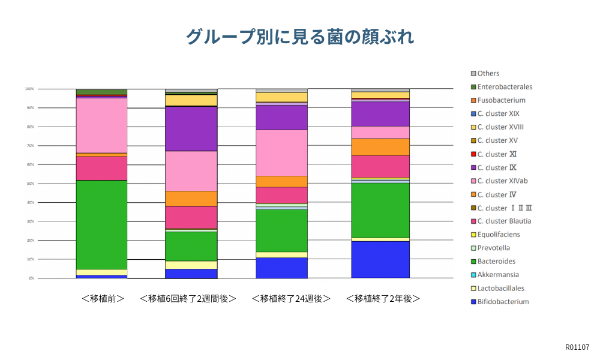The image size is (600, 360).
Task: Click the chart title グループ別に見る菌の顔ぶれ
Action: point(299,37)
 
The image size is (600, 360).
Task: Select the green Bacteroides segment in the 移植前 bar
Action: point(101,225)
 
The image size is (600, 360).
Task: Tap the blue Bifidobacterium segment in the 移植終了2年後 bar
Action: point(380,259)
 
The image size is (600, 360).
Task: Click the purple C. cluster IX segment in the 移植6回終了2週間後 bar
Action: point(191,128)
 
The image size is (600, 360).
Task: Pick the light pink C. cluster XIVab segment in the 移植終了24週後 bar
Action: point(281,152)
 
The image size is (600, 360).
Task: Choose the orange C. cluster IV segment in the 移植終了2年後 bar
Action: point(380,147)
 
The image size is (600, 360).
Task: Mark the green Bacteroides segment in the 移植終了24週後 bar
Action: point(281,230)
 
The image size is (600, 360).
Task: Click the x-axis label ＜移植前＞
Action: point(103,298)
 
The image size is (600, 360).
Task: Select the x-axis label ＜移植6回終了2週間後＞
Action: point(187,298)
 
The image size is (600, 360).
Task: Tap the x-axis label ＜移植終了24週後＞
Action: point(291,298)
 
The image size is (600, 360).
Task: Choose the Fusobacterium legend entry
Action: point(501,100)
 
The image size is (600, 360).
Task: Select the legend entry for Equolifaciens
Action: point(498,235)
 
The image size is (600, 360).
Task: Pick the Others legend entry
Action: point(488,73)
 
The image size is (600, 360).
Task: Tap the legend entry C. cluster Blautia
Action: point(504,221)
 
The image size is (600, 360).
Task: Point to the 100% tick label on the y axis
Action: point(28,89)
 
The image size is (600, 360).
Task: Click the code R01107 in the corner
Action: point(577,347)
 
